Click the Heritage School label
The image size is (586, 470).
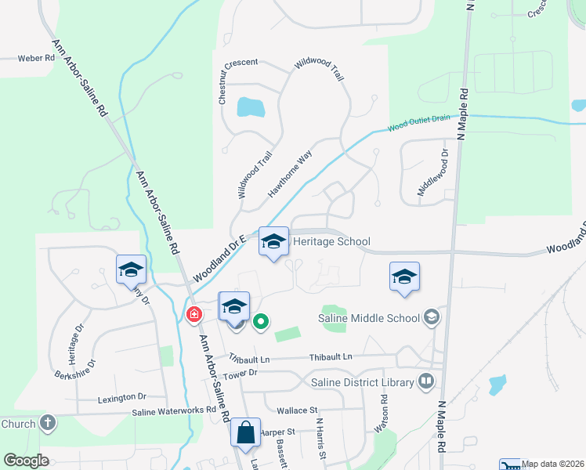click(x=331, y=242)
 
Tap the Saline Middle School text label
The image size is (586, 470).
click(x=369, y=318)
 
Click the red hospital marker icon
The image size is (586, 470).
click(x=193, y=315)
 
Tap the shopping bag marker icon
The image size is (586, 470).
click(x=245, y=432)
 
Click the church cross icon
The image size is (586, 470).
click(x=47, y=424)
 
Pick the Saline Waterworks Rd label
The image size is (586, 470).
click(x=174, y=411)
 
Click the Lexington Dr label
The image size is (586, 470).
click(x=122, y=397)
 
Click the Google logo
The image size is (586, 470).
click(x=27, y=460)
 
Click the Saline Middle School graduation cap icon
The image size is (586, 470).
click(x=430, y=317)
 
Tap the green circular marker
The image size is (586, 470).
click(x=262, y=320)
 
